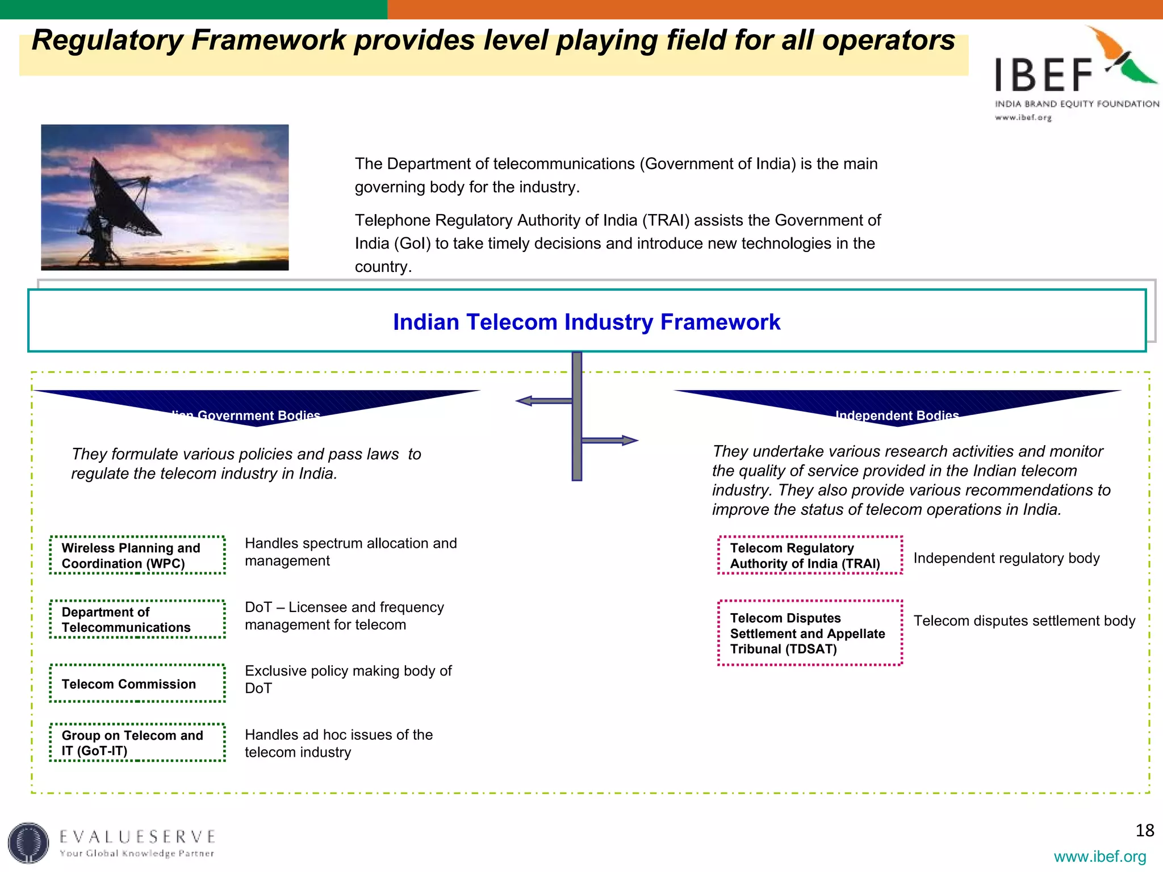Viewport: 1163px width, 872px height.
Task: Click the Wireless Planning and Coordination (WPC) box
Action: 137,555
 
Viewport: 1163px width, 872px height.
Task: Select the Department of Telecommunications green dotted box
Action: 137,619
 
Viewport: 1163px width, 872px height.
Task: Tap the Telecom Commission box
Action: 137,684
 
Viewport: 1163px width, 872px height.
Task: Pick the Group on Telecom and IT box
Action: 137,743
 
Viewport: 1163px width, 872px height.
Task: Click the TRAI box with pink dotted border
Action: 810,555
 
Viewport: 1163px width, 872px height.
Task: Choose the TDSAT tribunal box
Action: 810,633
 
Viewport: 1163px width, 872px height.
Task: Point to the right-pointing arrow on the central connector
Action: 627,440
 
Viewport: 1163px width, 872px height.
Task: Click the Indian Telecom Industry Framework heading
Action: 587,322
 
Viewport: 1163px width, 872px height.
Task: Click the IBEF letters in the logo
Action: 1044,75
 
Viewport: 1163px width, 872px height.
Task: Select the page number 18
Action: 1144,831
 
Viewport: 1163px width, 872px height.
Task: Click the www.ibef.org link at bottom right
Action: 1099,856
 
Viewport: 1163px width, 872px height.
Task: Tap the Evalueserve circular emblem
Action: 28,843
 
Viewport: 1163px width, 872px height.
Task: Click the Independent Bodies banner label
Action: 897,415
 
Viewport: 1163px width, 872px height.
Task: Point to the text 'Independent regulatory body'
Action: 1006,558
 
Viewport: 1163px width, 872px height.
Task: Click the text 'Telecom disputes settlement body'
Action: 1024,621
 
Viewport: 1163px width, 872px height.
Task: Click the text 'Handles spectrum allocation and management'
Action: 350,552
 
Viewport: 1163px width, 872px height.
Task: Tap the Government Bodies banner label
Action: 250,415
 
